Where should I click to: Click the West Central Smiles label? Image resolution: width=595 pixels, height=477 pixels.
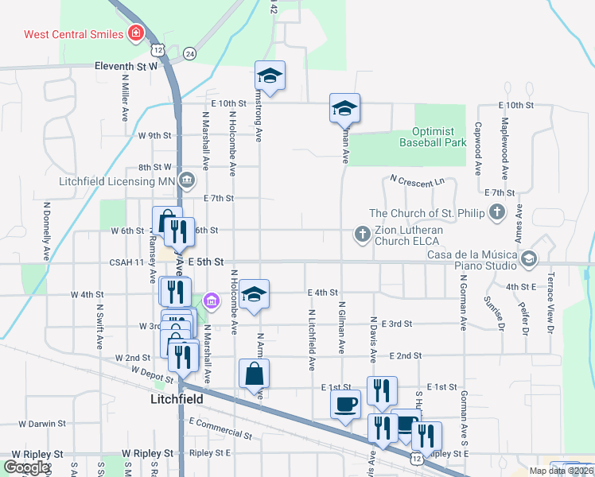[x=73, y=34]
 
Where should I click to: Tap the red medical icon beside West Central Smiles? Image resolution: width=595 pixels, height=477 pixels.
[x=137, y=33]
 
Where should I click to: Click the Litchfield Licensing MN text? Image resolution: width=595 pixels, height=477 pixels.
[x=116, y=180]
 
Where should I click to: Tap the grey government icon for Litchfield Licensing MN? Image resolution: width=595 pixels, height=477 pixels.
[x=186, y=180]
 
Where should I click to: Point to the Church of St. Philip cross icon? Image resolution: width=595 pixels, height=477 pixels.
[x=497, y=212]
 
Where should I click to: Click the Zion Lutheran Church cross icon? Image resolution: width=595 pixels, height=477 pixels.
[x=362, y=233]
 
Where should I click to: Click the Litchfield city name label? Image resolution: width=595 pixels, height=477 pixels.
[x=177, y=398]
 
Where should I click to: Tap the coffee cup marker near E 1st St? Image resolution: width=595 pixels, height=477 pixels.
[x=346, y=403]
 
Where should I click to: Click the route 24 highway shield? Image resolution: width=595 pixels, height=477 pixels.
[x=189, y=53]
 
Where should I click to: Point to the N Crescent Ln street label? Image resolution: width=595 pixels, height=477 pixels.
[x=417, y=182]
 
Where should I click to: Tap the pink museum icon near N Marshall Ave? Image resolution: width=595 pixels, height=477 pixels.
[x=211, y=301]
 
